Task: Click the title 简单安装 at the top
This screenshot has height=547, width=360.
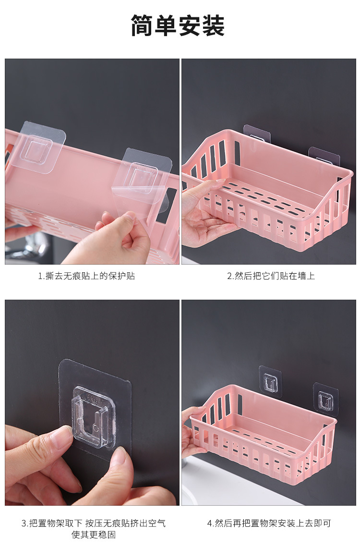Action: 178,25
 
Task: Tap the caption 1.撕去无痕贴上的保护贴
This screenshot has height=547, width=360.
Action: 86,276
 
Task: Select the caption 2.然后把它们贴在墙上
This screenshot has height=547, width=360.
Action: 271,276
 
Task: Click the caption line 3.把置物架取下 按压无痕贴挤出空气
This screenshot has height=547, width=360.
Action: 93,523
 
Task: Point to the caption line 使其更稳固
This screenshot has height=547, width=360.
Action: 93,535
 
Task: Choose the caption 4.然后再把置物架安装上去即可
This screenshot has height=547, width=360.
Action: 269,523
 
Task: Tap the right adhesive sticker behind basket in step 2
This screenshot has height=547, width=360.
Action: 324,156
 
